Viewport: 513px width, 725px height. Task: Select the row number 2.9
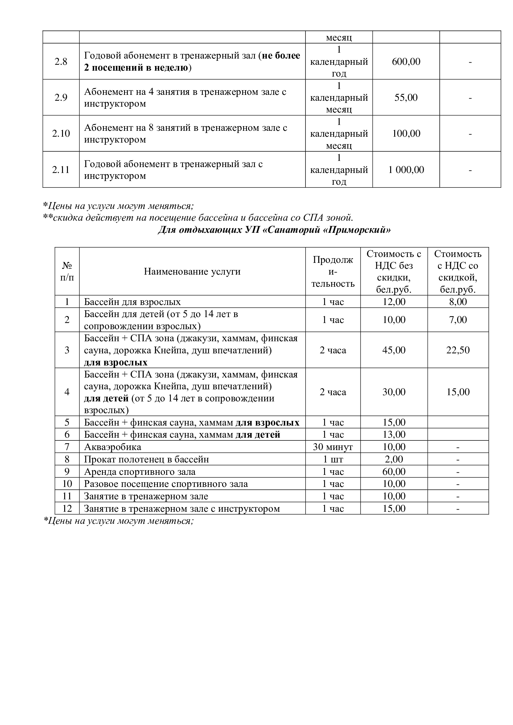(61, 97)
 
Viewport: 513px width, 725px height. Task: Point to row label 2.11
(61, 170)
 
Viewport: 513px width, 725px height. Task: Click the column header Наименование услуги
(192, 272)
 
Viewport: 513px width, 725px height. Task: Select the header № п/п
(67, 272)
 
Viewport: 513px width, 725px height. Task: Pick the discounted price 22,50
(458, 350)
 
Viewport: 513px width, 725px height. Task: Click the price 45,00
(394, 350)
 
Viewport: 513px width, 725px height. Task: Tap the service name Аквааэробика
(113, 447)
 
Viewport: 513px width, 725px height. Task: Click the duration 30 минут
(332, 447)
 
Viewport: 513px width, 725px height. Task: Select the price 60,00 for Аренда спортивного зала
(394, 471)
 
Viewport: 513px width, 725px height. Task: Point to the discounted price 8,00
(458, 302)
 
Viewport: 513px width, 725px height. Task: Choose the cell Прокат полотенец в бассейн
(146, 459)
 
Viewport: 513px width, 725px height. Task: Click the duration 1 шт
(332, 459)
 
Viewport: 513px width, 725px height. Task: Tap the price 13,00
(394, 435)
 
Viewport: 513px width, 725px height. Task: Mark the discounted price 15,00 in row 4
(458, 392)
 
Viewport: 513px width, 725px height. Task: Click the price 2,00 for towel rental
(394, 459)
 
